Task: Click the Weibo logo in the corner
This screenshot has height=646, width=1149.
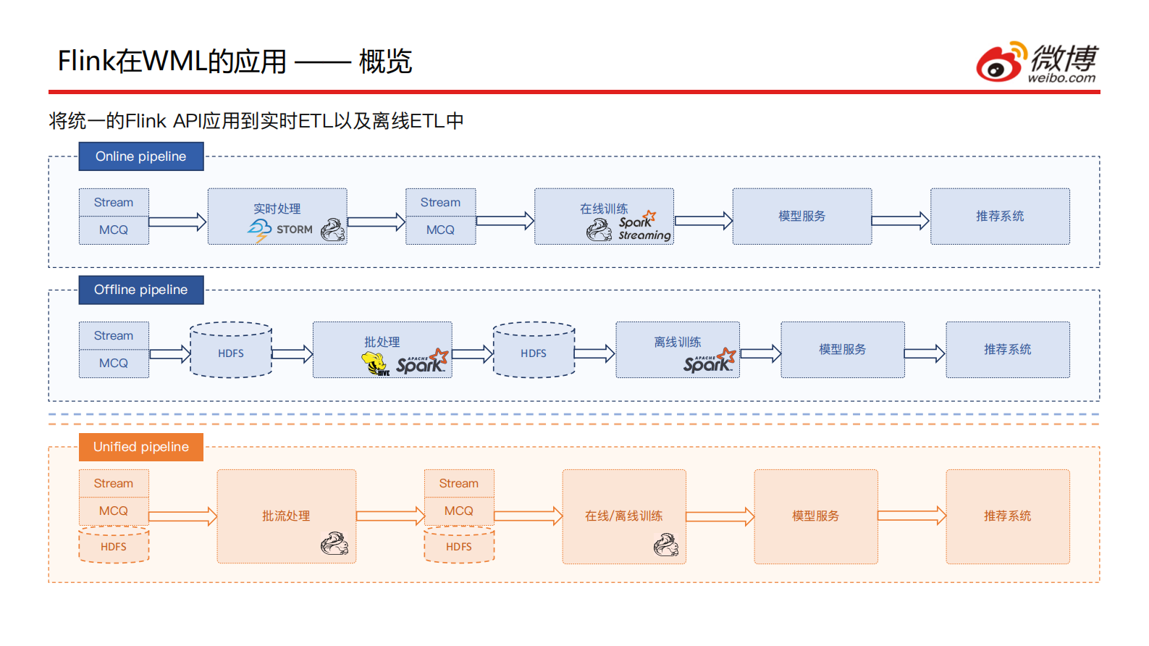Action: pyautogui.click(x=1036, y=62)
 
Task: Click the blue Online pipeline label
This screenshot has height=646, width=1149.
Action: pyautogui.click(x=141, y=156)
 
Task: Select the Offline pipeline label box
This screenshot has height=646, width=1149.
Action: pyautogui.click(x=141, y=290)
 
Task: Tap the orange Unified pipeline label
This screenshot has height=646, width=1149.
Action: pyautogui.click(x=141, y=447)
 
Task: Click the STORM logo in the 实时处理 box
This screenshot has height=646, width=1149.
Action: pyautogui.click(x=280, y=230)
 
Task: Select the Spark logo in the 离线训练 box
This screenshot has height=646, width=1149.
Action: pyautogui.click(x=709, y=361)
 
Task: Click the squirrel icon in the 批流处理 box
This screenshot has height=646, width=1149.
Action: pyautogui.click(x=334, y=543)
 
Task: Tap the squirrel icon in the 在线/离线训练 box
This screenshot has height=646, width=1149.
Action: pyautogui.click(x=665, y=545)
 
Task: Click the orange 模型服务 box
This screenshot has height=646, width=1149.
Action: pyautogui.click(x=815, y=516)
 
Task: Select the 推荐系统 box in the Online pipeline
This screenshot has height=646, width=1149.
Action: pyautogui.click(x=1000, y=217)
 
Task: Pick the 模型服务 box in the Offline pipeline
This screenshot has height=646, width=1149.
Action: pyautogui.click(x=842, y=350)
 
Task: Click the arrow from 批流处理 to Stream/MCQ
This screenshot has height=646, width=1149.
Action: pyautogui.click(x=390, y=516)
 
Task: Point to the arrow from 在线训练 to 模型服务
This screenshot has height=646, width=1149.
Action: pyautogui.click(x=703, y=221)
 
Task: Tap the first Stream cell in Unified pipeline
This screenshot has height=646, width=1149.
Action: pyautogui.click(x=114, y=483)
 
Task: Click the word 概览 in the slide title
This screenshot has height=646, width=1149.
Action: pyautogui.click(x=385, y=62)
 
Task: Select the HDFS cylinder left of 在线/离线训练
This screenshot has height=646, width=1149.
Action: pyautogui.click(x=459, y=546)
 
